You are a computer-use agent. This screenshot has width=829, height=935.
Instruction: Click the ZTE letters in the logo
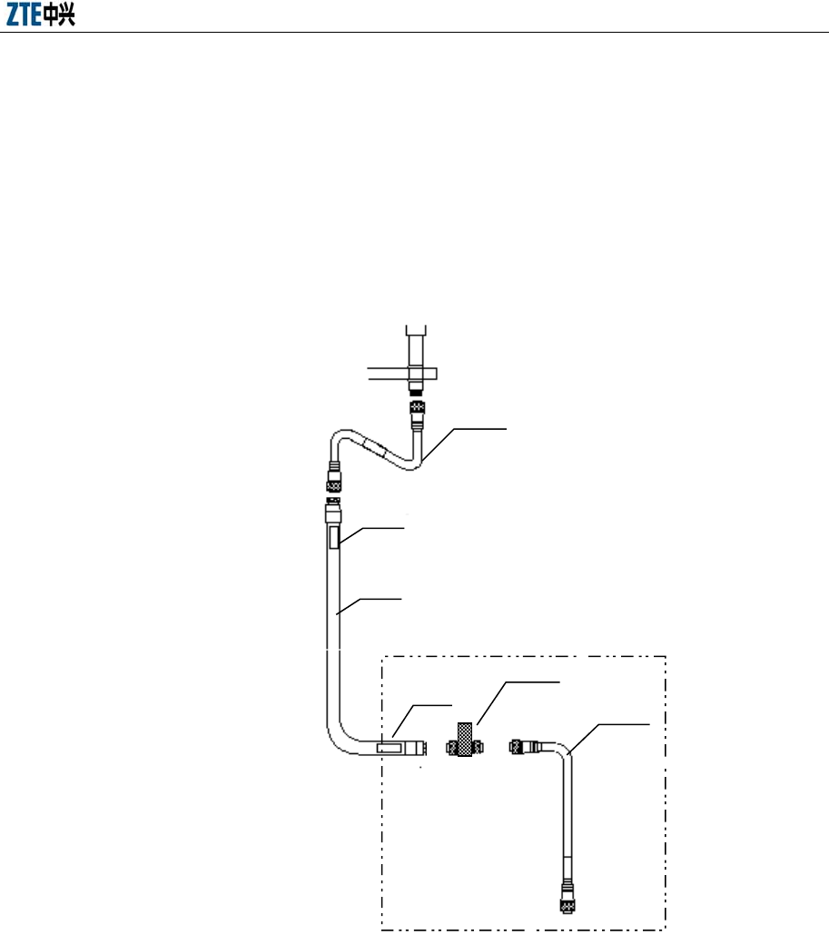point(25,16)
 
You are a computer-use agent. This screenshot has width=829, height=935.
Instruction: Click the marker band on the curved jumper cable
point(374,448)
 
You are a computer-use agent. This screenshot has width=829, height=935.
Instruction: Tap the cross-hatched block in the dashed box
point(467,740)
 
